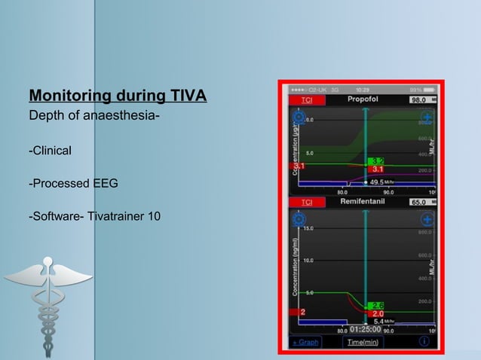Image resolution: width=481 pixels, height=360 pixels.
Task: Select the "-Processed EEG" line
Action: coord(73,184)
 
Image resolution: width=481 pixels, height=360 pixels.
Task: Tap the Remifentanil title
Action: coord(363,203)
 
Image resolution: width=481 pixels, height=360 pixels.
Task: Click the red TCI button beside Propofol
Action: coord(307,99)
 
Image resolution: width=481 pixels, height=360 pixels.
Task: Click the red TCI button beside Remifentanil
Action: coord(307,203)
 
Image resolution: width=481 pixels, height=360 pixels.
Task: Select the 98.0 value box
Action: coord(419,99)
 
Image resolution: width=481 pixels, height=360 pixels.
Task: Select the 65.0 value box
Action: coord(419,203)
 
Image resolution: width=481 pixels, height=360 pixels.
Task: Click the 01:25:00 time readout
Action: coord(364,329)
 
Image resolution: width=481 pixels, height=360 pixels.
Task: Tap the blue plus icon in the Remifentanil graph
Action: coord(427,220)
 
